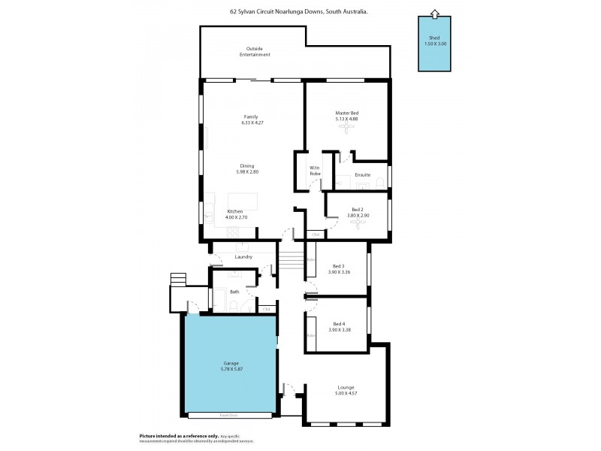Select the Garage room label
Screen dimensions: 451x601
(231, 363)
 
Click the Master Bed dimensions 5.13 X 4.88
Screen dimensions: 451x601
(346, 119)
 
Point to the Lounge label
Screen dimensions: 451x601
(346, 387)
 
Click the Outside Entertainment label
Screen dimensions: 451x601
(255, 52)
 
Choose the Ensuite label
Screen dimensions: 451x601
(362, 175)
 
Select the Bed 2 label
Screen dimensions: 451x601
(358, 210)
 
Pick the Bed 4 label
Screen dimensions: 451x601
(338, 324)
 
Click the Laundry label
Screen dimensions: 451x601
(243, 257)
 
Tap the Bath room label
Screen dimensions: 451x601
(234, 292)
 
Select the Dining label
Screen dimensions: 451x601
(247, 165)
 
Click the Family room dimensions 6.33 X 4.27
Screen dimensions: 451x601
(252, 123)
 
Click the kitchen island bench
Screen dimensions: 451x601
(243, 201)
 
